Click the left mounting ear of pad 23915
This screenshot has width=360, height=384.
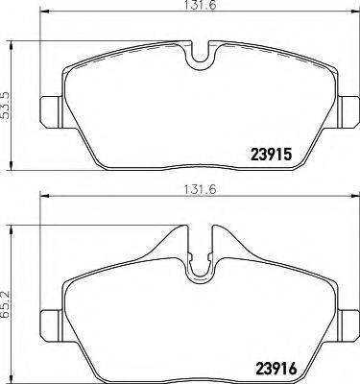48,112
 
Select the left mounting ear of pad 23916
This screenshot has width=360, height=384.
48,317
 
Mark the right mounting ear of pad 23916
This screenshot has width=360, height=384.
344,317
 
